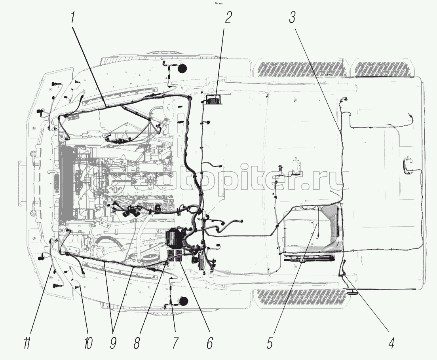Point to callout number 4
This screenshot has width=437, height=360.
tap(391, 343)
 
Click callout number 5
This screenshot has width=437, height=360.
tap(270, 343)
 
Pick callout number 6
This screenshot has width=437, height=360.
tap(209, 343)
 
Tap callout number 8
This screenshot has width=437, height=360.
tap(137, 343)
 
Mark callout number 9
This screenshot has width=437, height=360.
tap(113, 343)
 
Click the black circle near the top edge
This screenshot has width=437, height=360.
tap(182, 69)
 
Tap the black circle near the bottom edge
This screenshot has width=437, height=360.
tap(182, 302)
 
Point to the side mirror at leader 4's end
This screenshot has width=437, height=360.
tap(351, 293)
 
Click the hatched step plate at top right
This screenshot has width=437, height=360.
tap(384, 70)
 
